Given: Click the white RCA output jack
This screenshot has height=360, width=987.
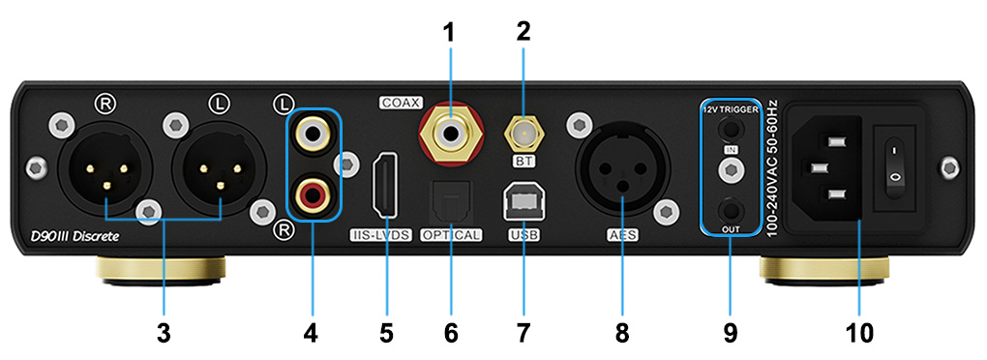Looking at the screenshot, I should (x=312, y=129).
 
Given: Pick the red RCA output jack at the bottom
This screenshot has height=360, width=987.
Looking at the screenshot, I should (x=312, y=196).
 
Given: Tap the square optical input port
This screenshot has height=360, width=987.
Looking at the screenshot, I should (x=450, y=201).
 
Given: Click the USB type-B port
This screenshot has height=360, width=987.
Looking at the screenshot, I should (x=523, y=201).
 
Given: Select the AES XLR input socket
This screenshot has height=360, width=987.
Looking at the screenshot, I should (x=620, y=174).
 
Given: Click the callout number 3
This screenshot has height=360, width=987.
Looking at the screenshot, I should (x=164, y=333).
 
